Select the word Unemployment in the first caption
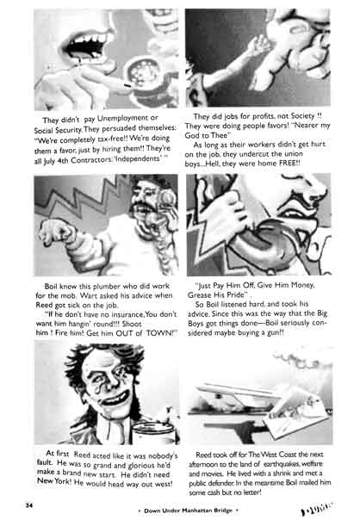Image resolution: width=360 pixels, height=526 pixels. pyautogui.click(x=117, y=117)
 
